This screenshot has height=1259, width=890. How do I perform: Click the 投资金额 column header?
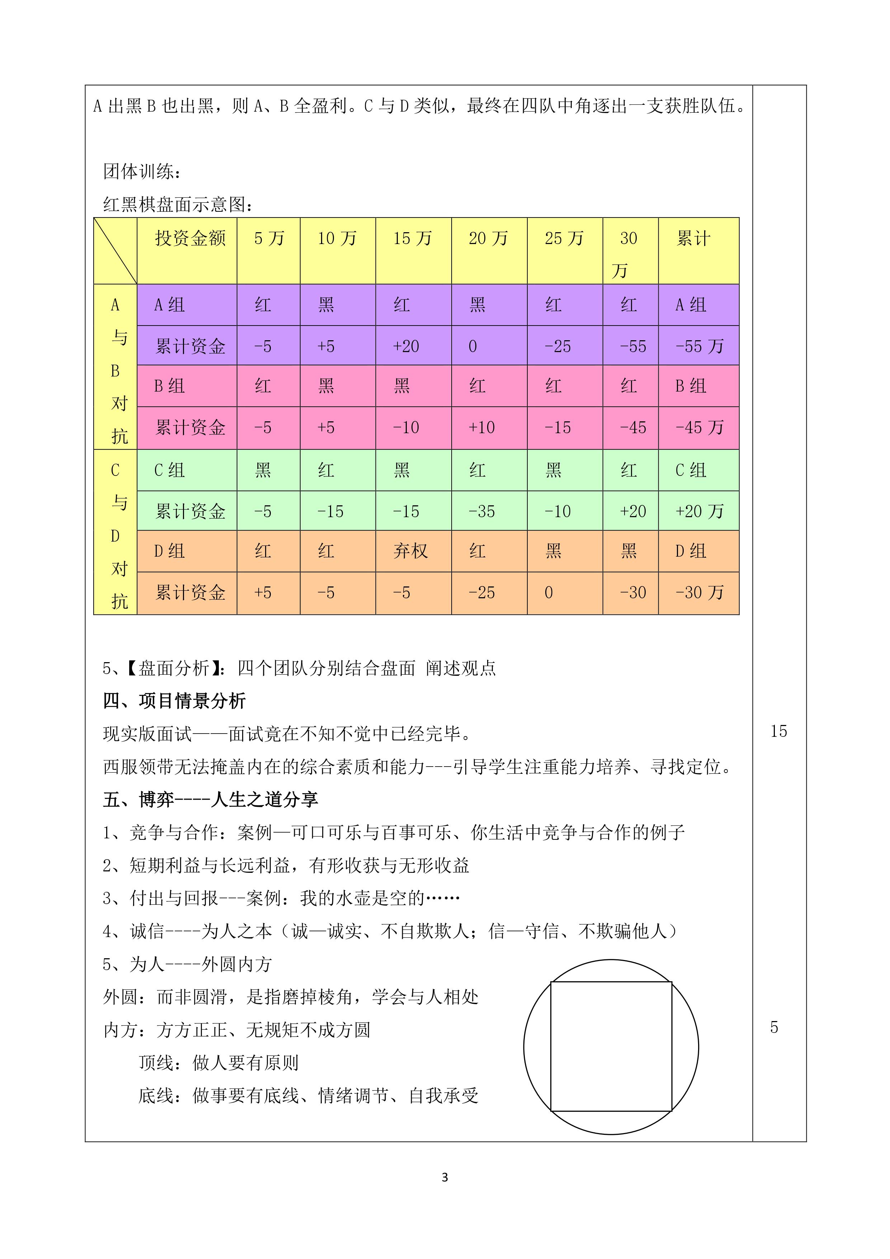(x=190, y=239)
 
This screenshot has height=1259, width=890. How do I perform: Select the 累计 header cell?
(x=693, y=239)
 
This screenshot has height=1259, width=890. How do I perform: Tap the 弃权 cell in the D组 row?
(x=410, y=551)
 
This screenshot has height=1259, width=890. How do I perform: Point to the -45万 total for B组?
(x=699, y=428)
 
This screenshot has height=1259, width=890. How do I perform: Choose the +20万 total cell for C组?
(x=699, y=512)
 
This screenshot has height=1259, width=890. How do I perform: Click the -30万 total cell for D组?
(x=699, y=593)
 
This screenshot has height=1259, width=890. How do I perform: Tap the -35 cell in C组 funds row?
(x=482, y=512)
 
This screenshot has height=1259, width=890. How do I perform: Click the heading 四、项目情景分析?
(x=174, y=701)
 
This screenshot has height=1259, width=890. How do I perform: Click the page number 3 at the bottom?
(x=444, y=1177)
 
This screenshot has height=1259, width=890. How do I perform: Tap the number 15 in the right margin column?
(x=778, y=731)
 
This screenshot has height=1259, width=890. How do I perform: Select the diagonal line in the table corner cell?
(x=115, y=251)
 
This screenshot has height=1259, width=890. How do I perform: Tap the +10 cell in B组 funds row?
(x=482, y=428)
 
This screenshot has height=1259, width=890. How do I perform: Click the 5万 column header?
(x=269, y=239)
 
